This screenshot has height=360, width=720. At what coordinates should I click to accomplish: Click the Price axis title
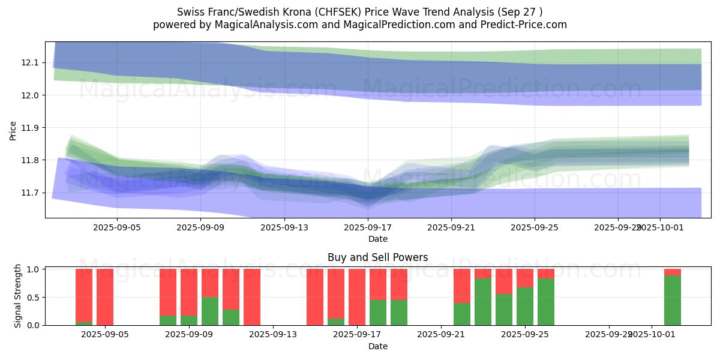(13, 131)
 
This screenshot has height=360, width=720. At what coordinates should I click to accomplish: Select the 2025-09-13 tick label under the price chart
(284, 228)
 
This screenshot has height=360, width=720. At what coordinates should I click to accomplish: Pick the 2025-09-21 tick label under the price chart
(451, 228)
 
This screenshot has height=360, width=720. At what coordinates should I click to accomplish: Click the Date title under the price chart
(378, 239)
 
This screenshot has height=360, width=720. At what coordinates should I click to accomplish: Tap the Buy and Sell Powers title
(378, 257)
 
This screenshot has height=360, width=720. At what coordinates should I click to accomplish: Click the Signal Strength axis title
(18, 296)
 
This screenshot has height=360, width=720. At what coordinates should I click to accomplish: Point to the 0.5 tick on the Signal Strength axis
(34, 298)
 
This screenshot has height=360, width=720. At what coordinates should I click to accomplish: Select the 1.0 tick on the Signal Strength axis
(34, 269)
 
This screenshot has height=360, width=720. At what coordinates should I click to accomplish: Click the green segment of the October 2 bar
(673, 300)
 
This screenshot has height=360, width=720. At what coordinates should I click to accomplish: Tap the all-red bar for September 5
(105, 297)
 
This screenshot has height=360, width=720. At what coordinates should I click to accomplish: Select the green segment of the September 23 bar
(483, 302)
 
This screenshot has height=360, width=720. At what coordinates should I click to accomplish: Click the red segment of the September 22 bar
(462, 286)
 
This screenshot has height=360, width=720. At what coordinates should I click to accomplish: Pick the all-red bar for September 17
(357, 297)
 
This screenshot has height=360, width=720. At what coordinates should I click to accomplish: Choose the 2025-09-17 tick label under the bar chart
(357, 335)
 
